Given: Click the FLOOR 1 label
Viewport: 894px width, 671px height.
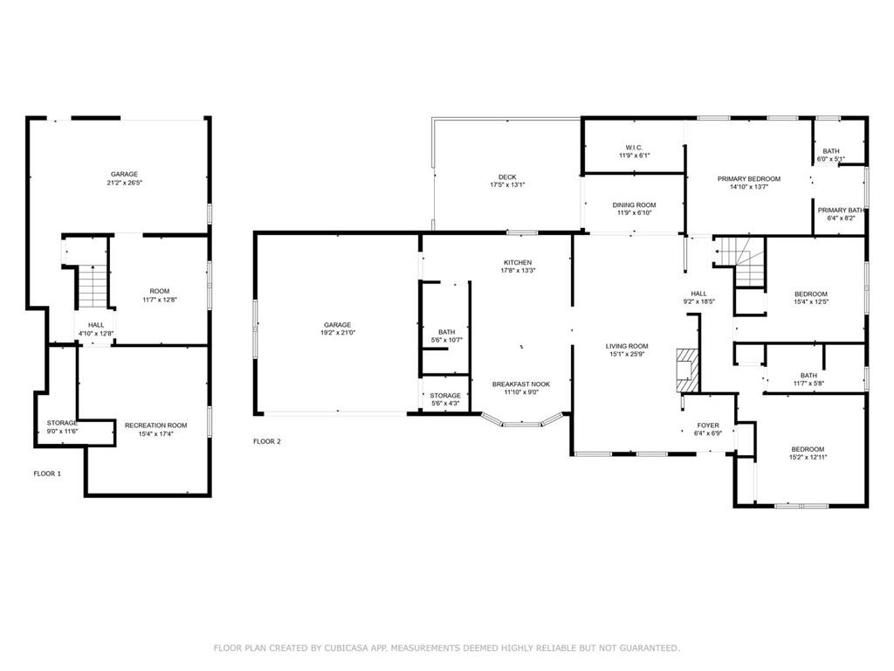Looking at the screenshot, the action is [47, 474].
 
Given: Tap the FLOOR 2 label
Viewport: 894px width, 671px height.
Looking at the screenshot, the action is [267, 441].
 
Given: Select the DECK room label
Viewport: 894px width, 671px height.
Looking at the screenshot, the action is [507, 176].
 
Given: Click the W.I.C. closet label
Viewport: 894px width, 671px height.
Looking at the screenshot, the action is [634, 148].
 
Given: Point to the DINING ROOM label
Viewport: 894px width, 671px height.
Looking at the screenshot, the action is [634, 204].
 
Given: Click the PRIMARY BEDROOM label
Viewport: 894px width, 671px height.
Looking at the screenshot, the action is [748, 178].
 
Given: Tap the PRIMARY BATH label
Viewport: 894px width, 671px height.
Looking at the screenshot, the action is [841, 210].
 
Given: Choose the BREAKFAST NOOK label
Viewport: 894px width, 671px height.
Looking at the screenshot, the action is [521, 384].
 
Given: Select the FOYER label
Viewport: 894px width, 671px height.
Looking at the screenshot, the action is [708, 425].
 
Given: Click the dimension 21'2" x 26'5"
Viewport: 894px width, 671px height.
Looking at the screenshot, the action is [124, 183].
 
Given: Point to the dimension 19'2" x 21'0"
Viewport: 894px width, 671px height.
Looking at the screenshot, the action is [338, 333].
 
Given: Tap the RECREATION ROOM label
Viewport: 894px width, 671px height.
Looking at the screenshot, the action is [155, 425].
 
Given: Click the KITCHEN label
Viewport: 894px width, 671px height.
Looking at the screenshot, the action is [518, 262].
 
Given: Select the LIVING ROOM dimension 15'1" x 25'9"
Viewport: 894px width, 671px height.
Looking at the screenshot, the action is [627, 354].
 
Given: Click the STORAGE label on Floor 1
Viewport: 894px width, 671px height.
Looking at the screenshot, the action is [62, 423].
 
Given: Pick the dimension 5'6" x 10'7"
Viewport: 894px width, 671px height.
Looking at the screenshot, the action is [447, 340].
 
